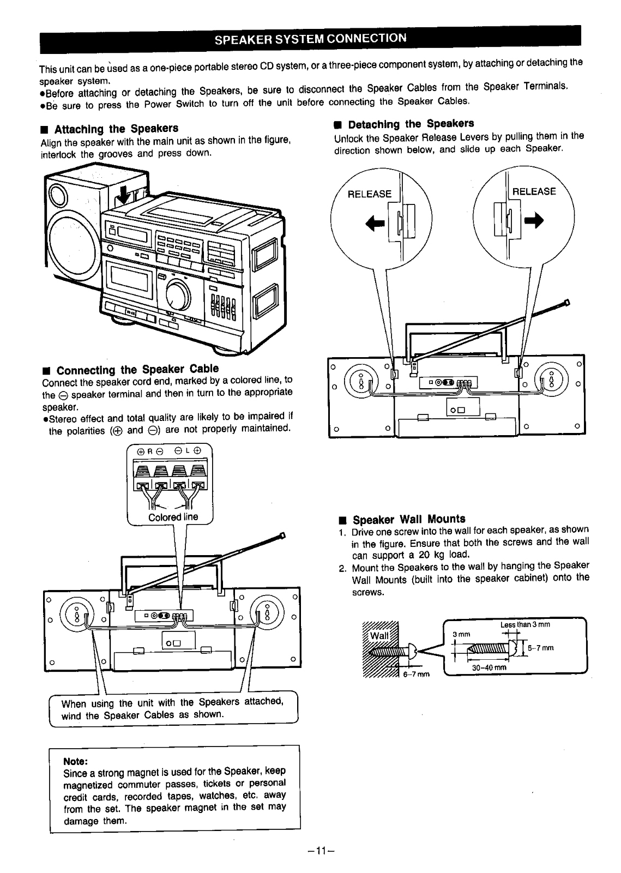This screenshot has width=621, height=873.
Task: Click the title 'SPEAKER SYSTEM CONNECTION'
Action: pos(310,38)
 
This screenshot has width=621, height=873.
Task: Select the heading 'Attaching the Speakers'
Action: pos(116,129)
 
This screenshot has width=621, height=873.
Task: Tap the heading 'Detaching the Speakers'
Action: pos(411,124)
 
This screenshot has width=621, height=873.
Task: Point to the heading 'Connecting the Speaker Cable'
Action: pos(137,369)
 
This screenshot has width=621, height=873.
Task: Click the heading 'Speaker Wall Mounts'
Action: pos(409,519)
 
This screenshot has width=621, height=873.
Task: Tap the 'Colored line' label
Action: pos(173,517)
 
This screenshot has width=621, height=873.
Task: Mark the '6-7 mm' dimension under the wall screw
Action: pos(417,674)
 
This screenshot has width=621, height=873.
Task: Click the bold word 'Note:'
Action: pos(76,761)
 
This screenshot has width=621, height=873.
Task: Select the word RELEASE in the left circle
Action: pos(369,194)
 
